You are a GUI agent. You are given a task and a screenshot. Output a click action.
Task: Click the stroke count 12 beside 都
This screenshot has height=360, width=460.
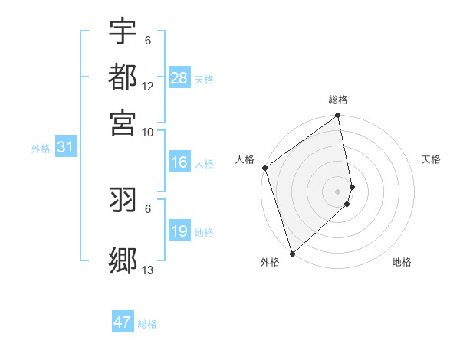[x=148, y=86]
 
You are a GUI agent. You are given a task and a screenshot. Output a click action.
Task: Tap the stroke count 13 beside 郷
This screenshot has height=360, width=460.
[x=148, y=270]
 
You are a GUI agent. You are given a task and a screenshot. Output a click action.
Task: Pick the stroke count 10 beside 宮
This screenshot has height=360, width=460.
[x=148, y=132]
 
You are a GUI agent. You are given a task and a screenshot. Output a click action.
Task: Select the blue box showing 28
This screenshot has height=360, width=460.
[x=179, y=78]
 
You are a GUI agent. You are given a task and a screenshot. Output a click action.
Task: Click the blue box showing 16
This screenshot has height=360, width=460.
[x=179, y=162]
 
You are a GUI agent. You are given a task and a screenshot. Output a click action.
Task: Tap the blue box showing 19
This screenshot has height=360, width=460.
[x=179, y=231]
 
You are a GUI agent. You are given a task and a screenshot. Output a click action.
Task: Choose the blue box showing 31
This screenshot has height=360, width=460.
[x=64, y=147]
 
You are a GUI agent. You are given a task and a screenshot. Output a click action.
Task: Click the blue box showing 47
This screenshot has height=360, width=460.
[x=123, y=322]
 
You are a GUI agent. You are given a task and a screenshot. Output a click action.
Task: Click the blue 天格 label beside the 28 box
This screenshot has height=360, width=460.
[x=204, y=80]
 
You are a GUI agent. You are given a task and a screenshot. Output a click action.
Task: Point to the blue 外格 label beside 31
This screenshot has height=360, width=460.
[x=41, y=149]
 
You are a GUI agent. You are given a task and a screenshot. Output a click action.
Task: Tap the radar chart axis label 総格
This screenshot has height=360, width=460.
[x=338, y=100]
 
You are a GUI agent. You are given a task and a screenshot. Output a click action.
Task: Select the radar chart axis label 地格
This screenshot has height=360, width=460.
[x=402, y=262]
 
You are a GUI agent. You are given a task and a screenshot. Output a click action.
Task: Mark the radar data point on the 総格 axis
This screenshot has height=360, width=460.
[x=338, y=116]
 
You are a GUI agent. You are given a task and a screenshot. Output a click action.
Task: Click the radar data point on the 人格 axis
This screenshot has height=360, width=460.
[x=265, y=168]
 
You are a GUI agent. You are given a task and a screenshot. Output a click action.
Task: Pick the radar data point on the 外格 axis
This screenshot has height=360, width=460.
[x=292, y=254]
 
